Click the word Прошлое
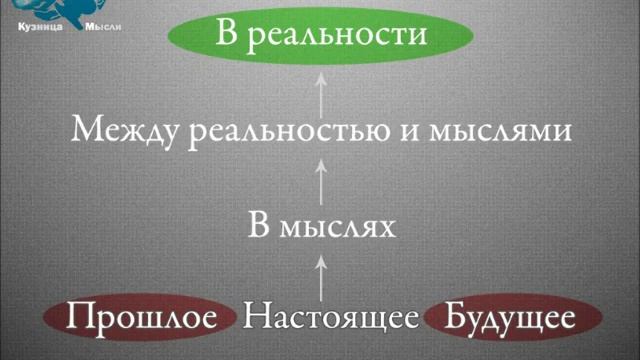(x=144, y=318)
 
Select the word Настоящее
(x=331, y=318)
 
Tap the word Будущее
(x=510, y=318)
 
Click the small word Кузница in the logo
(x=41, y=27)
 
